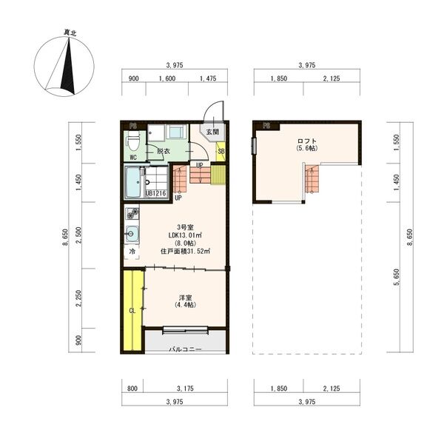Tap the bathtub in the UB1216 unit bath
tap(133, 182)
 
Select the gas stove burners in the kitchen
tap(132, 214)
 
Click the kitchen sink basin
tap(132, 234)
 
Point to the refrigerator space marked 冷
tap(132, 252)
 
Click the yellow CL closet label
tap(132, 311)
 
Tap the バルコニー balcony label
tap(186, 349)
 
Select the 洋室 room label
tap(186, 297)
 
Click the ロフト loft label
tap(307, 141)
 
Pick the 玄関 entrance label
tap(212, 132)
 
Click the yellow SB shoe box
tap(221, 152)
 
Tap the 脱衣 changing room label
tap(164, 151)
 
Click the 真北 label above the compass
tap(70, 33)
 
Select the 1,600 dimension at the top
tap(167, 78)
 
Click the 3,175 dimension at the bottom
tap(185, 388)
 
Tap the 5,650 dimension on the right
tap(397, 277)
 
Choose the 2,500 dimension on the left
tap(78, 235)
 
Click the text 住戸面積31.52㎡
tap(185, 251)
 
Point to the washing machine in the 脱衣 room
tap(177, 132)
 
